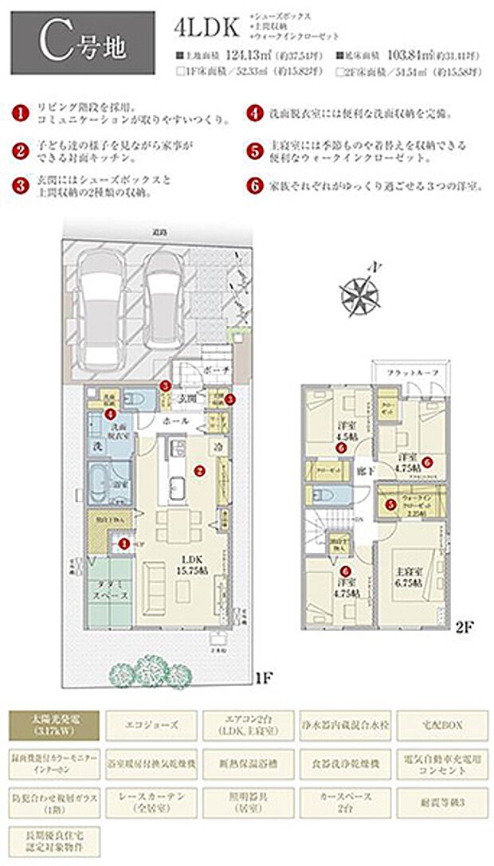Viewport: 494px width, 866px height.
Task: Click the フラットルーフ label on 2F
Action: click(x=411, y=372)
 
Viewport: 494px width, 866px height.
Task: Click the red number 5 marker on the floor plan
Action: click(x=390, y=504)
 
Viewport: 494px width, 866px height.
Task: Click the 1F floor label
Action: click(x=264, y=680)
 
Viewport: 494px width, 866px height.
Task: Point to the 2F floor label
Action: click(x=465, y=627)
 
